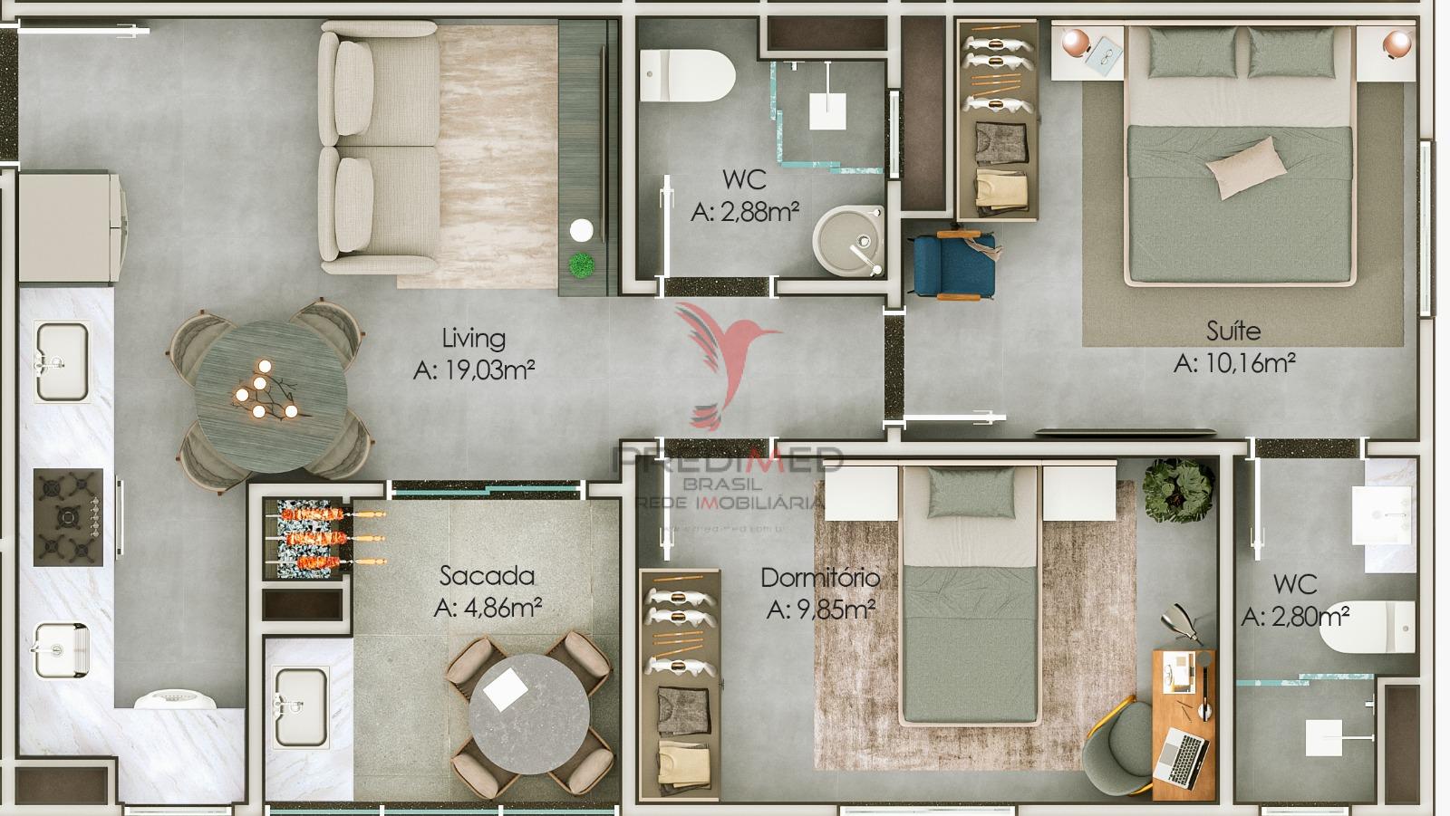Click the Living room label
click(x=473, y=339)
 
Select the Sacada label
click(x=487, y=576)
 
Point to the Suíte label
click(x=1233, y=331)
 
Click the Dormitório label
click(x=820, y=578)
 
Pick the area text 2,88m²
click(x=745, y=212)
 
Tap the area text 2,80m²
click(x=1296, y=618)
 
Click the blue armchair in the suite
click(x=954, y=264)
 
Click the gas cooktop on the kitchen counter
click(x=68, y=517)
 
